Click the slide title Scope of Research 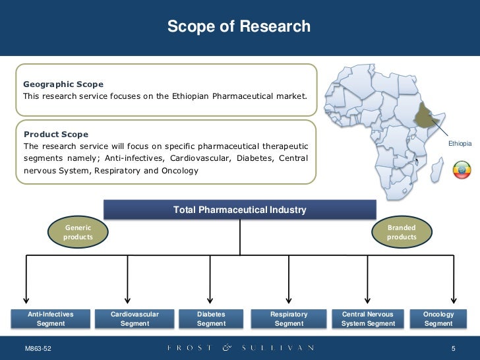point(239,27)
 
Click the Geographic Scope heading point(63,84)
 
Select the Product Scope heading point(55,135)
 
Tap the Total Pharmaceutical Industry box point(239,210)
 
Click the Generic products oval point(78,232)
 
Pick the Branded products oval point(402,232)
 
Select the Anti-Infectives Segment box point(51,319)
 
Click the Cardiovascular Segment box point(135,319)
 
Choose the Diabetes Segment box point(211,319)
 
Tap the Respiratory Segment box point(289,319)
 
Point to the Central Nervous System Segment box point(368,319)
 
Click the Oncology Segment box point(438,319)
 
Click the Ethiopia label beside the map point(460,143)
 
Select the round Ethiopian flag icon point(462,170)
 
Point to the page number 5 point(454,348)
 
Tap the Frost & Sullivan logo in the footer point(240,347)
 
